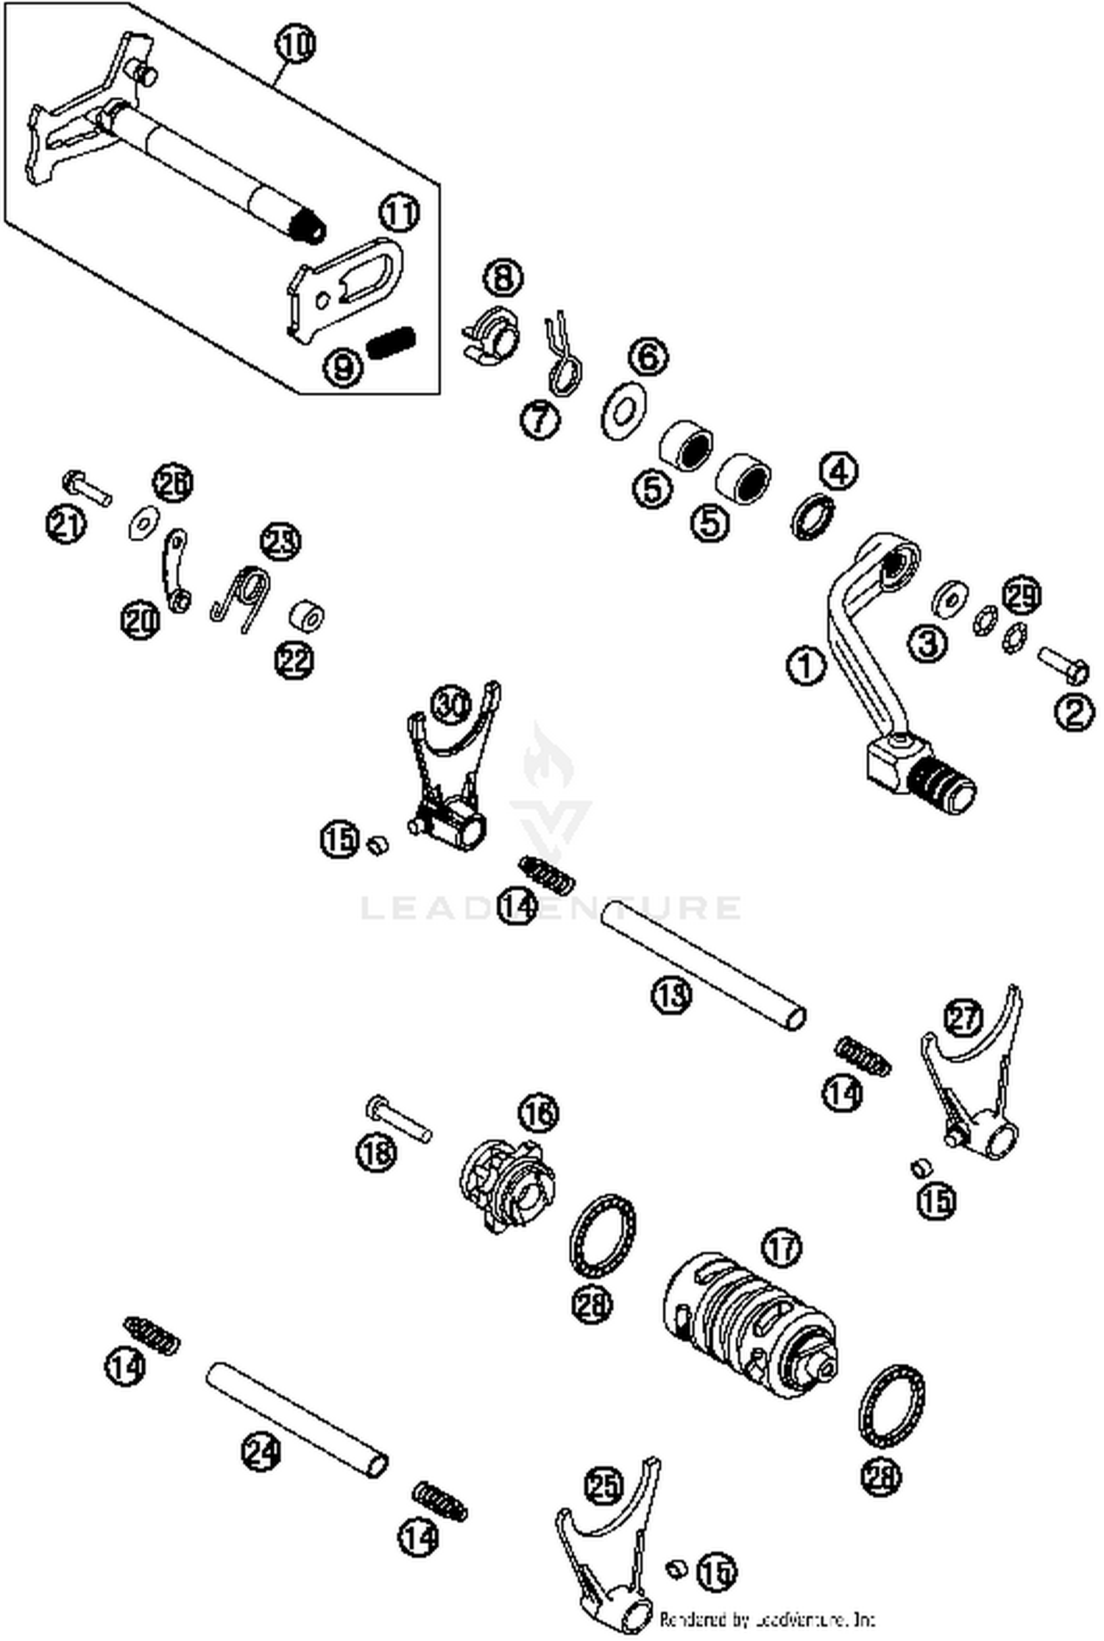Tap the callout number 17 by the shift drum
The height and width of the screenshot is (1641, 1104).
782,1248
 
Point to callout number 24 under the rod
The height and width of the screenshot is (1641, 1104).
261,1452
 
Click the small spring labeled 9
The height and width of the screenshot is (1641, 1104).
391,342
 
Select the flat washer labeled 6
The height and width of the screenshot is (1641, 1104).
624,410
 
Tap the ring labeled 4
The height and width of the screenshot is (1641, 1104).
813,516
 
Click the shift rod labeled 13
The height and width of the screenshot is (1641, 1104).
703,963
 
